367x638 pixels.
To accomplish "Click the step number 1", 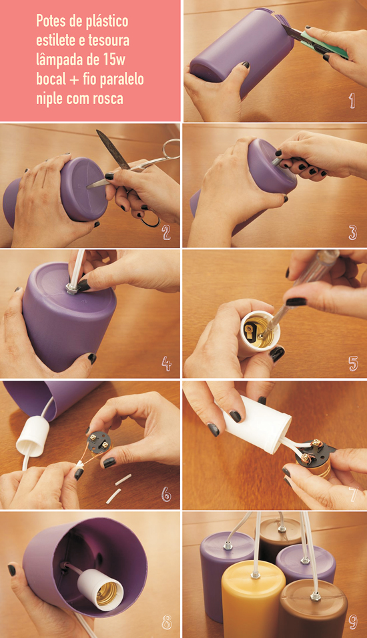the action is [x=352, y=101].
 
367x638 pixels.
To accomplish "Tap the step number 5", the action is [x=353, y=363].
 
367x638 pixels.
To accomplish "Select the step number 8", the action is [x=167, y=622].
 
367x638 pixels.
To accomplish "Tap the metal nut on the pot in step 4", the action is [x=72, y=289].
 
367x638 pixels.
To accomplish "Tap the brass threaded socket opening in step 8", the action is [x=108, y=595].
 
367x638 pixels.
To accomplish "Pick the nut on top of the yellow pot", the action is [x=256, y=575].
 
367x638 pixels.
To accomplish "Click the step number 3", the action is [x=353, y=232].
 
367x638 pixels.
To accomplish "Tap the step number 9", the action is [x=353, y=621].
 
